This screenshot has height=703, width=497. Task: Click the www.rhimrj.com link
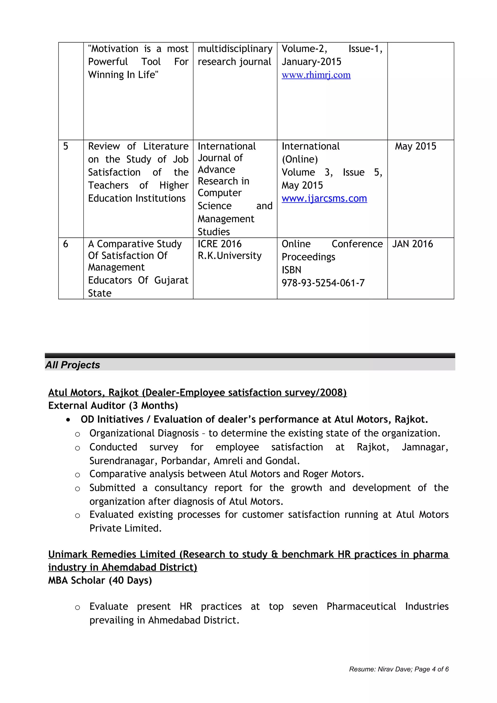(316, 75)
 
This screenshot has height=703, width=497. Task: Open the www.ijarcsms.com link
(324, 198)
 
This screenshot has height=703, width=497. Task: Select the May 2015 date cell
(415, 146)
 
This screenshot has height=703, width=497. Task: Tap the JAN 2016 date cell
(413, 244)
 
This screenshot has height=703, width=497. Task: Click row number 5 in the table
(66, 146)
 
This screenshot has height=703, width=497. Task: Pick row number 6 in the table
(66, 244)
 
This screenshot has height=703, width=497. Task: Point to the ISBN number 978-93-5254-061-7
(323, 283)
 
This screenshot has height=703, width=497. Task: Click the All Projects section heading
(73, 365)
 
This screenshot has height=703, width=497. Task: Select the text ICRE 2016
(220, 244)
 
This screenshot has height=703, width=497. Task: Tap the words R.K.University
(230, 256)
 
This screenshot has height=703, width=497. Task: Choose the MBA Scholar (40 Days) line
(100, 580)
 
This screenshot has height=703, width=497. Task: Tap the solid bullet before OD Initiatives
(68, 420)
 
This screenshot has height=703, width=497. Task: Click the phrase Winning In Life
(123, 75)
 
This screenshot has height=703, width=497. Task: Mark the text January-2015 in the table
(311, 62)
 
